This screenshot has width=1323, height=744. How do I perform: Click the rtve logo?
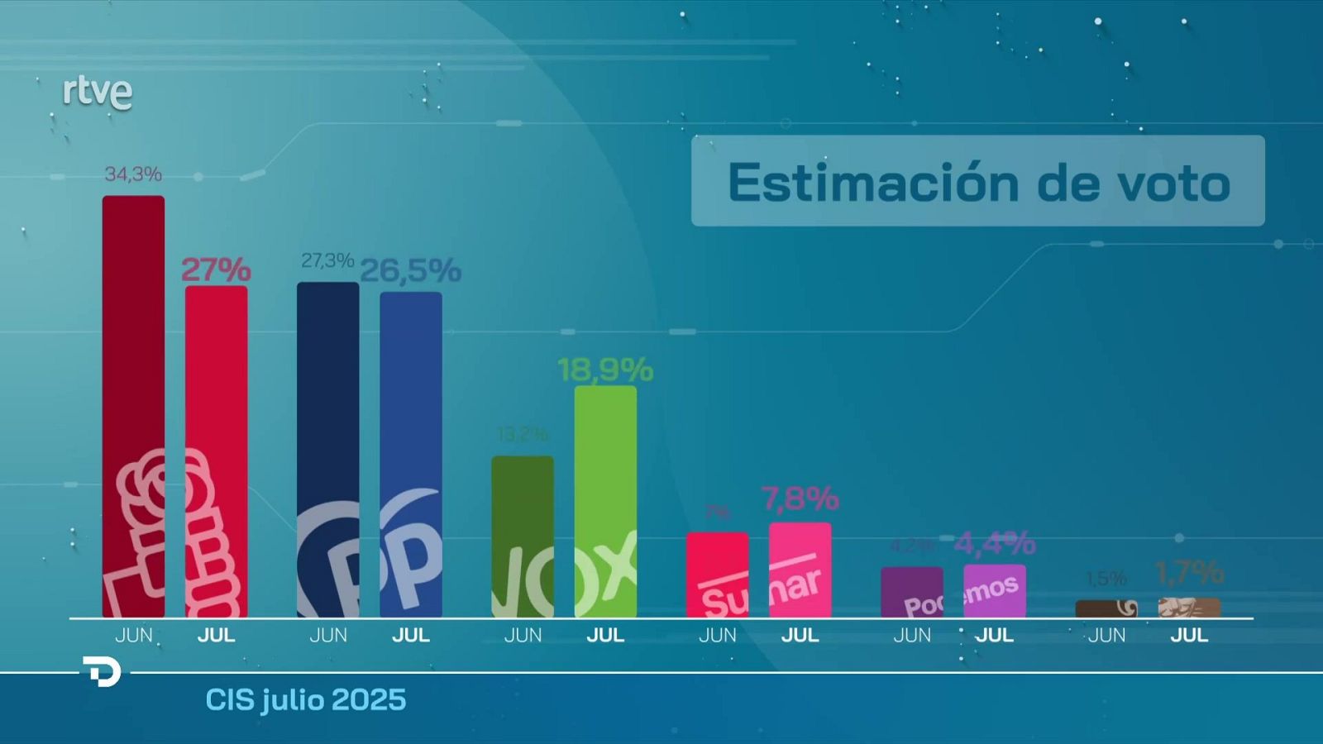[98, 93]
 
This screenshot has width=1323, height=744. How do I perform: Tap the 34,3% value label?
[133, 174]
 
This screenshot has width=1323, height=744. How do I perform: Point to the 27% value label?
[216, 269]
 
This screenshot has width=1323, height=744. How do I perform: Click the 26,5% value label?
[410, 270]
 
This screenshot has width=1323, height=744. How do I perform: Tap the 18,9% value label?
[605, 370]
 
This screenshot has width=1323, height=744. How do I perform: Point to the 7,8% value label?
[800, 498]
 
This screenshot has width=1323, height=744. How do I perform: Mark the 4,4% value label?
[995, 543]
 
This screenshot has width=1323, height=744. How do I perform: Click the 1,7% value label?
[1189, 572]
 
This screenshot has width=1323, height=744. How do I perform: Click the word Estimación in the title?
[873, 183]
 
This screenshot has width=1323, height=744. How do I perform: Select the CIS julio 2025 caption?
[306, 700]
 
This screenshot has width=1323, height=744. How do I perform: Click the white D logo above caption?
[103, 671]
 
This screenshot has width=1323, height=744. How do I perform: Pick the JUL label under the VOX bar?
[605, 635]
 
